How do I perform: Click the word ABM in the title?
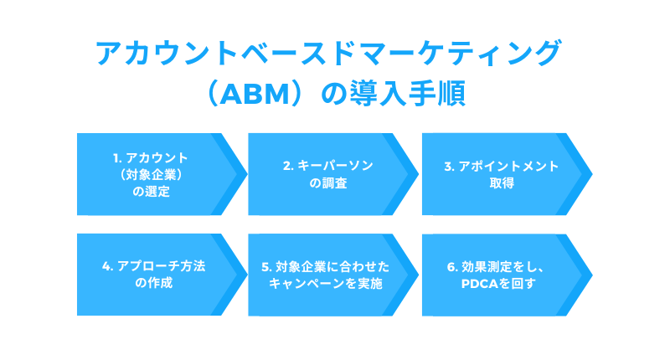tap(255, 94)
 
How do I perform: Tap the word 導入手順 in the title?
tap(408, 94)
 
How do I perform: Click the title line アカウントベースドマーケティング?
tap(328, 53)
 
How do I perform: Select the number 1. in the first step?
tap(117, 158)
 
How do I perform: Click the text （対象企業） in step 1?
tap(152, 175)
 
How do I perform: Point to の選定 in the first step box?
tap(152, 192)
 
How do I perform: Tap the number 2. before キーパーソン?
tap(288, 166)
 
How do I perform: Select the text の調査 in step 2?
tap(328, 183)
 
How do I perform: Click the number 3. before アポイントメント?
tap(449, 166)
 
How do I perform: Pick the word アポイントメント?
tap(508, 166)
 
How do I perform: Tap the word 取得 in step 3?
tap(502, 183)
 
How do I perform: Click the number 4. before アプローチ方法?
tap(108, 266)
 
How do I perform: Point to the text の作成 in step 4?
tap(154, 283)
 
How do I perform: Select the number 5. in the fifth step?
tap(266, 267)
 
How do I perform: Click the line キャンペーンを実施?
tap(326, 284)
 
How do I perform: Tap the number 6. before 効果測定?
tap(452, 267)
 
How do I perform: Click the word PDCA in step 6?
tap(480, 284)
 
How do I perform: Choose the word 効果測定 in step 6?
tap(487, 267)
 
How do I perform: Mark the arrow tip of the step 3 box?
tap(592, 174)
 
